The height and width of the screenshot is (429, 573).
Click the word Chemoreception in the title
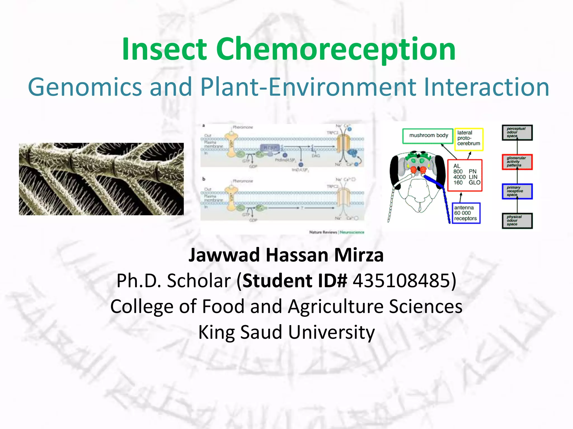coord(336,50)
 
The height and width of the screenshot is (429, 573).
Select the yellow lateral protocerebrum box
coord(469,139)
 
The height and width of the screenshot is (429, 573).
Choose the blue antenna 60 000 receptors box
coord(466,213)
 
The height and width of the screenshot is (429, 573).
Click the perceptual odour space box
coord(517,132)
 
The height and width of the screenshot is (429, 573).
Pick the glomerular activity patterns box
coord(517,162)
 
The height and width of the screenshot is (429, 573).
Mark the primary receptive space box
coord(517,191)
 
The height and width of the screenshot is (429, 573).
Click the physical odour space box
coord(517,221)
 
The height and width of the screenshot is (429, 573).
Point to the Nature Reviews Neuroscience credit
coord(337,232)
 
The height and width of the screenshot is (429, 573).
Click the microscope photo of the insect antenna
coord(101,179)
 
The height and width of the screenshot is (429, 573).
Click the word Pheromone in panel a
coord(243,127)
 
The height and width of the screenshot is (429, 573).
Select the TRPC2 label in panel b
coord(333,186)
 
